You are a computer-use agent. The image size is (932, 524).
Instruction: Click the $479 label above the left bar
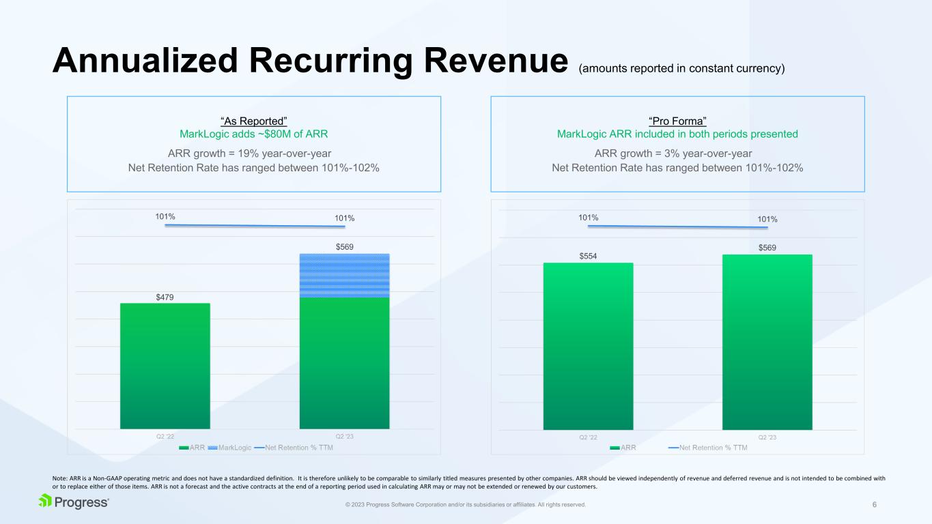point(165,297)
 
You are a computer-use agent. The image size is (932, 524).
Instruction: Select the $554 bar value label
point(588,256)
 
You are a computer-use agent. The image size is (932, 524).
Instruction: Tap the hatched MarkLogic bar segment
point(344,275)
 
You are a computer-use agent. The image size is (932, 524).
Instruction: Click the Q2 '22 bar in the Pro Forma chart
point(588,346)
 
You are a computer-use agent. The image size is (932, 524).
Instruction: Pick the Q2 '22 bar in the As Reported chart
point(165,366)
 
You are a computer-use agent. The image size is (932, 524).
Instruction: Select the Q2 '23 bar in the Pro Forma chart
point(767,342)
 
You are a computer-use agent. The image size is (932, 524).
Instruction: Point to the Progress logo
point(74,502)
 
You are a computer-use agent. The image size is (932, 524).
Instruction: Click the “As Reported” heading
point(253,121)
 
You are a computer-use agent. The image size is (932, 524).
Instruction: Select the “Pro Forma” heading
point(677,121)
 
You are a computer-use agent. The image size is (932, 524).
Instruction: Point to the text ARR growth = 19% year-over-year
point(253,153)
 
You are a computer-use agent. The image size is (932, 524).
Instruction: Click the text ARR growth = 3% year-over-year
point(677,153)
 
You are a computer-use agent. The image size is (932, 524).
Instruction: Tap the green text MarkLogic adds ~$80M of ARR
point(253,134)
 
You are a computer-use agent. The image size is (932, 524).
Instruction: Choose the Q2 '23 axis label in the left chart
point(344,437)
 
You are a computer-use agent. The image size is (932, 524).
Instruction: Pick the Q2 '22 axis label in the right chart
point(588,437)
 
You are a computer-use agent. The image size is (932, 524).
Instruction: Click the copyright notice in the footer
point(466,505)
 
